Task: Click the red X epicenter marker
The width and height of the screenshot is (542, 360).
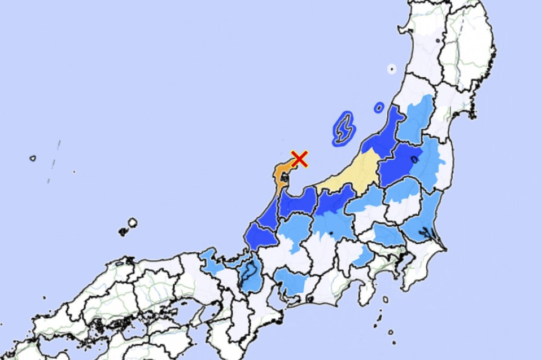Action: pyautogui.click(x=300, y=159)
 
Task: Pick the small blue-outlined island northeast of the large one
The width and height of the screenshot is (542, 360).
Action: pyautogui.click(x=379, y=107)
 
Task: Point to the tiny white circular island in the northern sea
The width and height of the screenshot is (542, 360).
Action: pyautogui.click(x=391, y=69)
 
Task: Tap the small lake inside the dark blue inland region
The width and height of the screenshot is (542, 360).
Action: pyautogui.click(x=414, y=160)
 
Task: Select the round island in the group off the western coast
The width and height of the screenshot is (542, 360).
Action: pyautogui.click(x=132, y=223)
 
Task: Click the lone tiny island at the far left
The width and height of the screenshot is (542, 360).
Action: pyautogui.click(x=33, y=158)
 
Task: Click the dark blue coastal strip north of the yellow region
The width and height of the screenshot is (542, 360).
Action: pyautogui.click(x=387, y=135)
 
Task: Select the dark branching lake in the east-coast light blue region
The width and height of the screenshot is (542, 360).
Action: pyautogui.click(x=423, y=232)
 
